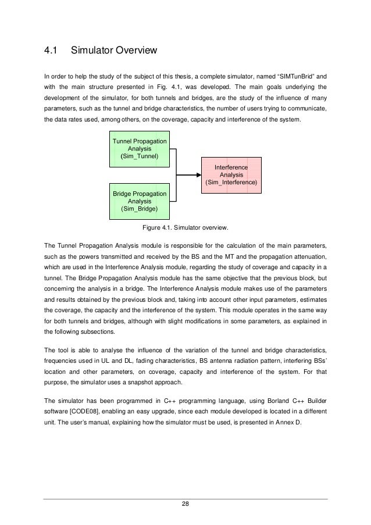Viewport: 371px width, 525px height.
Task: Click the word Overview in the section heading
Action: tap(137, 52)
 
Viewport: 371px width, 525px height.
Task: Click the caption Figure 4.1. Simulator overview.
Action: tap(185, 227)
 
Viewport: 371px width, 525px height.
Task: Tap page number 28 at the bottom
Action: tap(185, 503)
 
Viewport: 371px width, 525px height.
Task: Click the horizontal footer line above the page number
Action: tap(185, 498)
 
